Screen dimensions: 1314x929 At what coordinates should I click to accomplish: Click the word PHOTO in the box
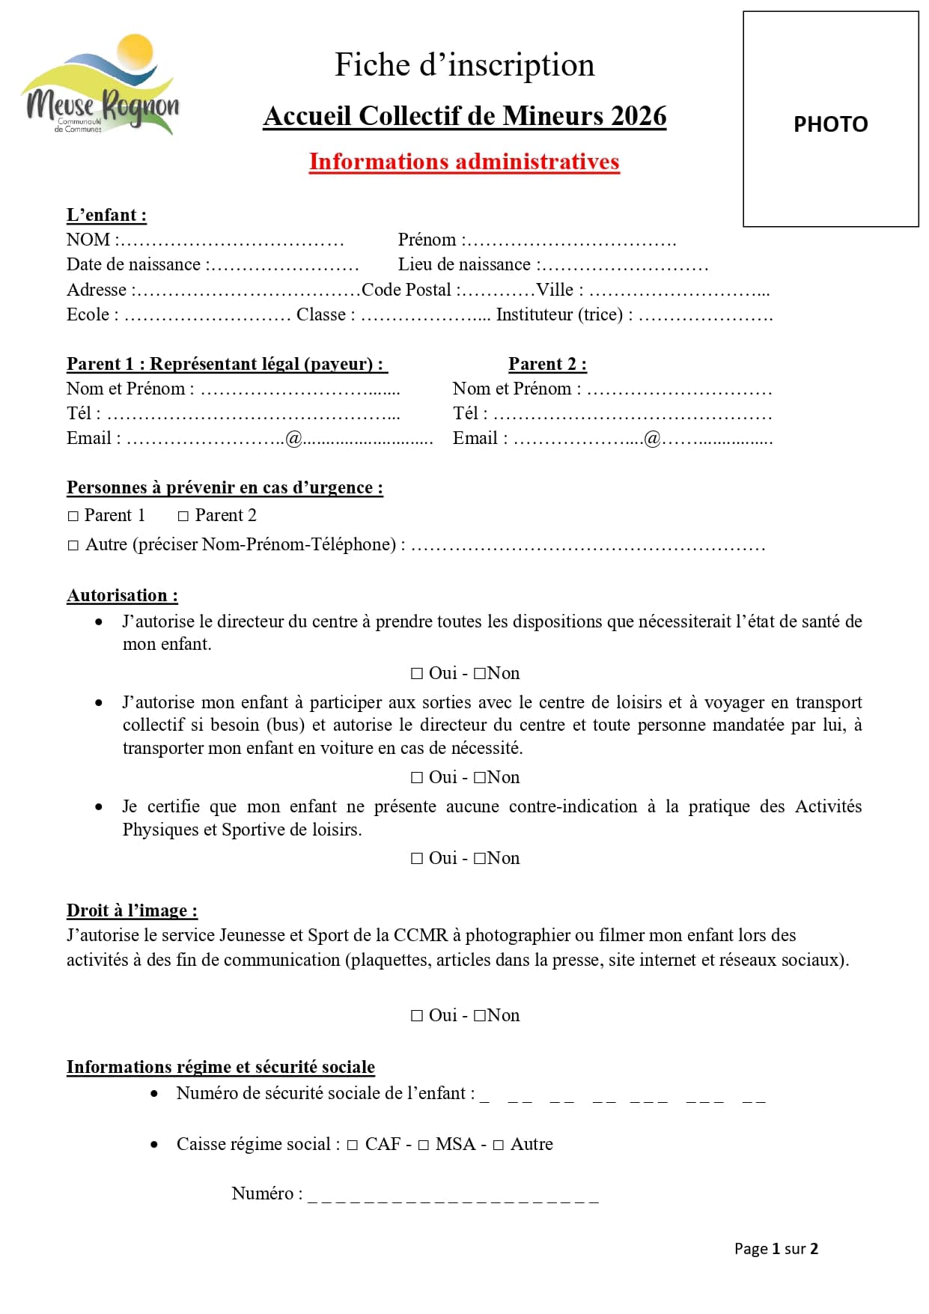point(830,124)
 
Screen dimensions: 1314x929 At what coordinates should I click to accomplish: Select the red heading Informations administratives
point(464,162)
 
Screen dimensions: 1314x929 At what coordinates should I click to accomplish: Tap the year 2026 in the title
point(638,116)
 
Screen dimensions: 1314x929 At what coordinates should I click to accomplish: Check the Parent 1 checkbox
point(73,516)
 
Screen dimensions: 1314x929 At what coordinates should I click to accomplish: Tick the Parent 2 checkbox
point(183,516)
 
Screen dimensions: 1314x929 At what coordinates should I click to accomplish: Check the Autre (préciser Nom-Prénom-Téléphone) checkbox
point(73,545)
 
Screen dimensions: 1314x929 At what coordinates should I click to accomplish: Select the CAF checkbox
point(352,1145)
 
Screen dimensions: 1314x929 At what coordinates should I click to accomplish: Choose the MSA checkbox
point(423,1145)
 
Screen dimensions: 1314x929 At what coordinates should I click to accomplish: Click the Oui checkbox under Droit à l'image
point(417,1016)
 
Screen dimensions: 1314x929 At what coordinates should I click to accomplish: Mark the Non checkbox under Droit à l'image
point(480,1016)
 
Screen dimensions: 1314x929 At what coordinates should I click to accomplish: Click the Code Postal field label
point(406,290)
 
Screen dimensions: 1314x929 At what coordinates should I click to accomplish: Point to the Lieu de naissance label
point(464,264)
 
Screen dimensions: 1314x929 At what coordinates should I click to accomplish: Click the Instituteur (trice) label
point(559,314)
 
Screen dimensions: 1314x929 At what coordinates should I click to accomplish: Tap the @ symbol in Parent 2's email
point(652,439)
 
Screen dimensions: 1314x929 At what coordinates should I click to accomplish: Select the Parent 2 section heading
point(547,364)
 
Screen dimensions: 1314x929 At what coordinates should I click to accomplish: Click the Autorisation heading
point(122,595)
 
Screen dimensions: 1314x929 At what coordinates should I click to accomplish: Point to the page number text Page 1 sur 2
point(776,1248)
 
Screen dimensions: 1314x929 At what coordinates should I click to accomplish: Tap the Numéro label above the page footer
point(266,1193)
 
